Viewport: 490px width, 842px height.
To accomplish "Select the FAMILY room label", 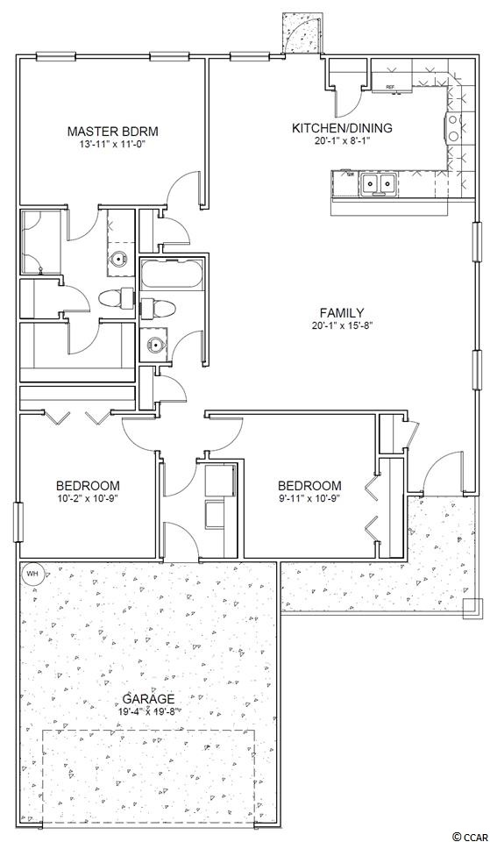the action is [x=342, y=312].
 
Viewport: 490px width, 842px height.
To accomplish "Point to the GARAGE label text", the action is [x=149, y=699].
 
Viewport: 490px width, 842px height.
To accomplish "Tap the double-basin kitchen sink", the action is [x=379, y=183].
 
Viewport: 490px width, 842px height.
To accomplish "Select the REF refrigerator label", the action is [x=391, y=87].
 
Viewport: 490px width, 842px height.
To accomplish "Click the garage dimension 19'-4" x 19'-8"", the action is [x=149, y=711].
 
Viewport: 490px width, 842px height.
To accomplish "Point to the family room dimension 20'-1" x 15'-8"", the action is [x=342, y=325].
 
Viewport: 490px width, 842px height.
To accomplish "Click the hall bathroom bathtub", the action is [x=172, y=275].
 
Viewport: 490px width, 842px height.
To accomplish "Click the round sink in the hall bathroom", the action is [x=155, y=344].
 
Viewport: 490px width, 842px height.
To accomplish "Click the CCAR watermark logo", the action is [x=469, y=836].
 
